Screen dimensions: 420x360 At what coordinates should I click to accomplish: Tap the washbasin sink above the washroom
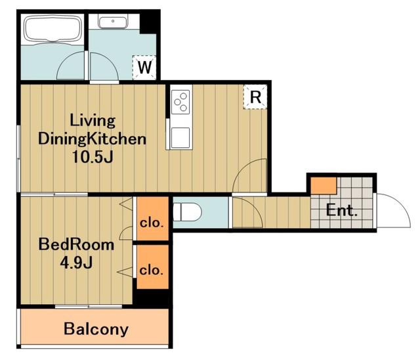[x=112, y=22]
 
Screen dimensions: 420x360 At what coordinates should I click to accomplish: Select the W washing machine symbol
[x=144, y=67]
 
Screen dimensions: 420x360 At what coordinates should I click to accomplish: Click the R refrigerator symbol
[x=255, y=97]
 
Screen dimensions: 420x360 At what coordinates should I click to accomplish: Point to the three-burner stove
[x=180, y=102]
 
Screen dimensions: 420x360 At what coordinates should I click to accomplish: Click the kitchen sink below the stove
[x=180, y=137]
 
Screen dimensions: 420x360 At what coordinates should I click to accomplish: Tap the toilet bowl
[x=187, y=212]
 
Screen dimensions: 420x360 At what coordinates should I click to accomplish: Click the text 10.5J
[x=93, y=157]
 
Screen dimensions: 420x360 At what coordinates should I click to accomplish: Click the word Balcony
[x=96, y=329]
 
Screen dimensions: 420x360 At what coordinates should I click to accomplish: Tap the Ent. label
[x=342, y=210]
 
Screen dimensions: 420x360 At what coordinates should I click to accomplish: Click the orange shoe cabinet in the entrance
[x=324, y=185]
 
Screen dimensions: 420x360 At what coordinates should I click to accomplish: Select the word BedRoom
[x=76, y=245]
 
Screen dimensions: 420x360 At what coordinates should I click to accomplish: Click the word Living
[x=93, y=121]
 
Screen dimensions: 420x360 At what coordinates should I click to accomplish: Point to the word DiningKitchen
[x=93, y=139]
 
